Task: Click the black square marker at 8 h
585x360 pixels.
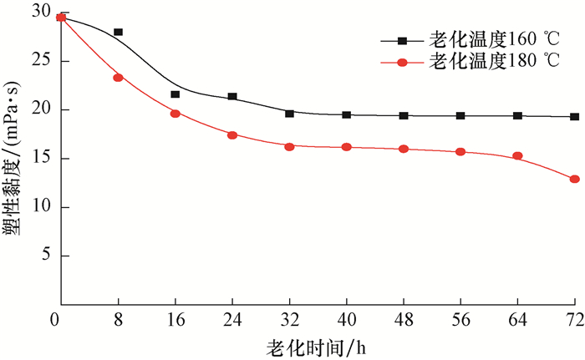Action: (x=119, y=32)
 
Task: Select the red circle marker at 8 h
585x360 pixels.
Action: (x=119, y=78)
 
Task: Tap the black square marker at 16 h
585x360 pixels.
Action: (x=175, y=94)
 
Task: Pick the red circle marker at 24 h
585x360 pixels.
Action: (x=232, y=134)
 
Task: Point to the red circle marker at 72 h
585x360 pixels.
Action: (x=575, y=179)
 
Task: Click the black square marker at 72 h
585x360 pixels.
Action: (x=575, y=117)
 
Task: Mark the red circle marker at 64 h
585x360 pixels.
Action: (x=518, y=155)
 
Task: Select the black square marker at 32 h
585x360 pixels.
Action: (x=290, y=114)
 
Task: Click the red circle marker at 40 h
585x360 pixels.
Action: (x=347, y=147)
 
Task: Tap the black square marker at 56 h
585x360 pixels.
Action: (x=460, y=115)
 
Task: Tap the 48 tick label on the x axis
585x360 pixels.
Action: (x=404, y=319)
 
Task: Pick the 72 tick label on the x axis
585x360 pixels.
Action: (x=574, y=319)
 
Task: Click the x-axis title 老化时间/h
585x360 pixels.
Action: (x=316, y=345)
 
